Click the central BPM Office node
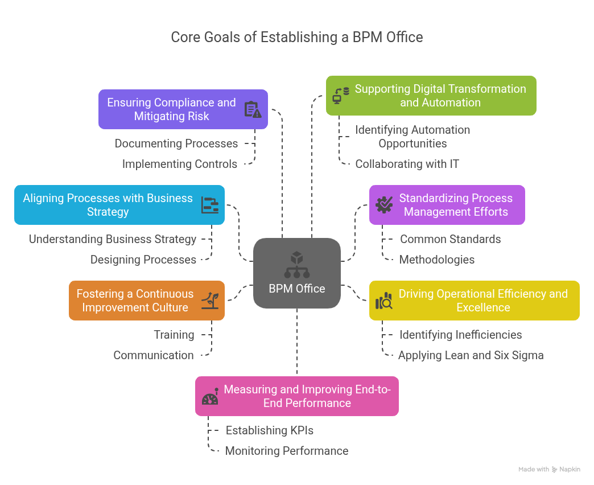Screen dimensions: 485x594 pyautogui.click(x=297, y=274)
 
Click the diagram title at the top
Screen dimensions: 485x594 pyautogui.click(x=297, y=38)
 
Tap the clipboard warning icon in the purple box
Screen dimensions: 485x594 pyautogui.click(x=253, y=109)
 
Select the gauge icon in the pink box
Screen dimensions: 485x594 pyautogui.click(x=210, y=397)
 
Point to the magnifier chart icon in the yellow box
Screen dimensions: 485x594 pyautogui.click(x=384, y=301)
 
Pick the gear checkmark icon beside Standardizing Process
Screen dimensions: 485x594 pyautogui.click(x=384, y=205)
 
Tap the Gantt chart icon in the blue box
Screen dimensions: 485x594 pyautogui.click(x=210, y=205)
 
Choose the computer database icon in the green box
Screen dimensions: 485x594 pyautogui.click(x=341, y=96)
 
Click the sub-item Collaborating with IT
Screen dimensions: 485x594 pyautogui.click(x=407, y=164)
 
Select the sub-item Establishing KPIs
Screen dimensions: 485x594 pyautogui.click(x=270, y=430)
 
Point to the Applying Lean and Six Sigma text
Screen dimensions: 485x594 pyautogui.click(x=471, y=355)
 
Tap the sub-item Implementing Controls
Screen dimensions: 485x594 pyautogui.click(x=180, y=164)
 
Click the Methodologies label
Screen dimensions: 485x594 pyautogui.click(x=437, y=260)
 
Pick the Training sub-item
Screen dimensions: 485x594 pyautogui.click(x=174, y=335)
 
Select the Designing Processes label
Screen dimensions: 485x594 pyautogui.click(x=143, y=260)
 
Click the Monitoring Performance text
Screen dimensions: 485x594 pyautogui.click(x=287, y=451)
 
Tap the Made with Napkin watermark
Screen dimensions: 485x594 pyautogui.click(x=549, y=470)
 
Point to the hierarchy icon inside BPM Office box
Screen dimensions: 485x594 pyautogui.click(x=297, y=264)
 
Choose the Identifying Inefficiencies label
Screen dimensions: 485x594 pyautogui.click(x=460, y=335)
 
